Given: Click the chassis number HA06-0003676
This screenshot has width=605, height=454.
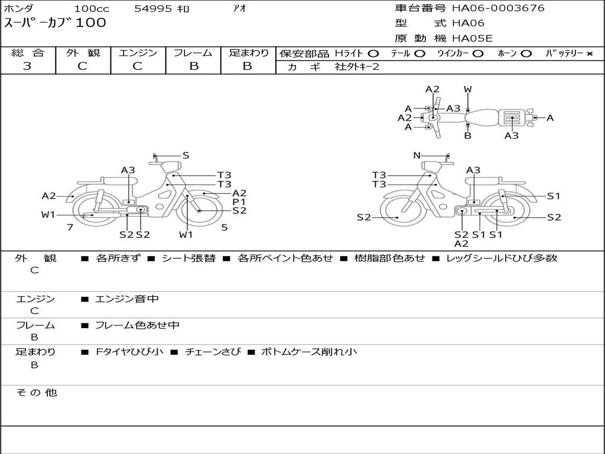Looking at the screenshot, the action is [498, 8].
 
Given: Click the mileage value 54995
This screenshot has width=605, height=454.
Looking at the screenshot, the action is [153, 8].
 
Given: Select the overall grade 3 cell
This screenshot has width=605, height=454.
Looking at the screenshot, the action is [27, 66].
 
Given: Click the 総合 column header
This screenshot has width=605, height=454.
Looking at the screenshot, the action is [28, 53].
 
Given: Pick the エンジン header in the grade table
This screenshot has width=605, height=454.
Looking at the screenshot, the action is [138, 53].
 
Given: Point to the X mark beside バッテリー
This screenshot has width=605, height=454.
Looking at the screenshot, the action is [589, 54].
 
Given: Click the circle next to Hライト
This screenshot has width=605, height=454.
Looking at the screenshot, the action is [373, 54].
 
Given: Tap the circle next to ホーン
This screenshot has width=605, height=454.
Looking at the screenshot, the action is [526, 54].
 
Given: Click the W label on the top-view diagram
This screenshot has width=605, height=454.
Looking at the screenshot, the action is [468, 90].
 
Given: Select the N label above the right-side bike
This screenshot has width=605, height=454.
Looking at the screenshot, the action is [417, 155].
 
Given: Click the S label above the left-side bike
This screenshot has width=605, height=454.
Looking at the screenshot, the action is [186, 155].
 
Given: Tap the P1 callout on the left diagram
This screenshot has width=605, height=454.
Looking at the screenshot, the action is [239, 202].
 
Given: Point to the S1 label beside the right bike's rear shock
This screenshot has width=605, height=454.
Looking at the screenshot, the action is [554, 196].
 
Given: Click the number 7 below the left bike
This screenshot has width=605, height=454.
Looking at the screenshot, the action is [70, 227].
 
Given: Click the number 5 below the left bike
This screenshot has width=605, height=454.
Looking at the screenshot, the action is [224, 227].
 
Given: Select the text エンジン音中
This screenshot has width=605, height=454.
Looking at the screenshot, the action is [127, 299].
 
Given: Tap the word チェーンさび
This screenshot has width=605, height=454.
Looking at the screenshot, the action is [213, 352].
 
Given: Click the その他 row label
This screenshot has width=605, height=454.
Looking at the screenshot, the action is [36, 393].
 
